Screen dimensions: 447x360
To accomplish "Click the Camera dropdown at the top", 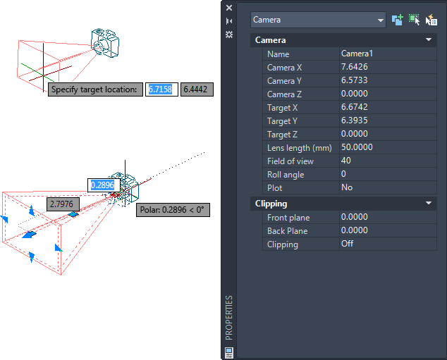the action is click(318, 20).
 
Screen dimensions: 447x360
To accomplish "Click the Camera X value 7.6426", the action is click(355, 67).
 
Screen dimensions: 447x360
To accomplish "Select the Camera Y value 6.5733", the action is click(355, 80).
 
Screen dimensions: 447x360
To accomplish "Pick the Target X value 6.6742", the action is click(355, 107).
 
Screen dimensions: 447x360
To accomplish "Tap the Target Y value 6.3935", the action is click(355, 120).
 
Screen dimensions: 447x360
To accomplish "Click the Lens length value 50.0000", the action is click(357, 147).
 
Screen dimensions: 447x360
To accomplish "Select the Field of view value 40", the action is click(345, 161).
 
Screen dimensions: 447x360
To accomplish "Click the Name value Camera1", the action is click(357, 54).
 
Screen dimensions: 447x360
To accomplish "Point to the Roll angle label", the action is click(286, 175).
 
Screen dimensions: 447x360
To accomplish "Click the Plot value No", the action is click(347, 187).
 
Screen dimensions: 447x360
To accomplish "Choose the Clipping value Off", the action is click(347, 244).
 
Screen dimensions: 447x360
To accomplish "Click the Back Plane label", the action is click(288, 231).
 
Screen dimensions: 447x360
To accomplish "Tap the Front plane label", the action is click(288, 218).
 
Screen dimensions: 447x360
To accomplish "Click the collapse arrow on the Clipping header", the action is click(429, 203).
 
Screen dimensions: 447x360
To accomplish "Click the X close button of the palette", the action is click(229, 8).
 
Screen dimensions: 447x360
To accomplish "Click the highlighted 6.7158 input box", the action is click(161, 89).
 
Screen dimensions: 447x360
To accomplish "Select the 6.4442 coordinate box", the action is click(197, 89).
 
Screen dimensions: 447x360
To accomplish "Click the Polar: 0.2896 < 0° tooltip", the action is click(173, 210).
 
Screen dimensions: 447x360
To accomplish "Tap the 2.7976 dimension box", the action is click(63, 204).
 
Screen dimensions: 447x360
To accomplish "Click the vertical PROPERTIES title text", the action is click(229, 318).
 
